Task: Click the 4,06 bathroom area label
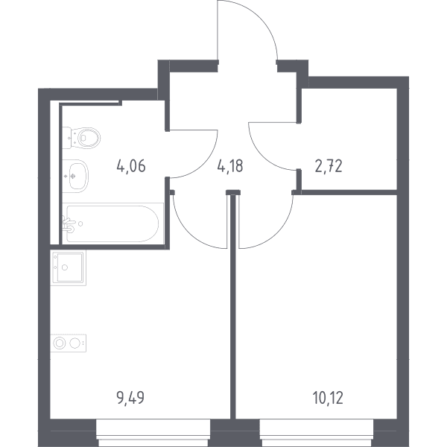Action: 131,166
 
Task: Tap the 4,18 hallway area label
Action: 230,166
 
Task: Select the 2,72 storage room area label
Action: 329,166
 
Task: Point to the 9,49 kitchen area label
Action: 130,398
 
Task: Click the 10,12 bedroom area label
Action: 328,398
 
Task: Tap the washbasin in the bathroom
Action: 75,176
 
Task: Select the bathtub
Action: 113,223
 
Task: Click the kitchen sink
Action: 68,267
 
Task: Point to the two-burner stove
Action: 68,343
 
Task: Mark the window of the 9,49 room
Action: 153,433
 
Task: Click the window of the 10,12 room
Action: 317,433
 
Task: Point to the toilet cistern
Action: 66,138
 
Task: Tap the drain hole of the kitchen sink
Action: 65,267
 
